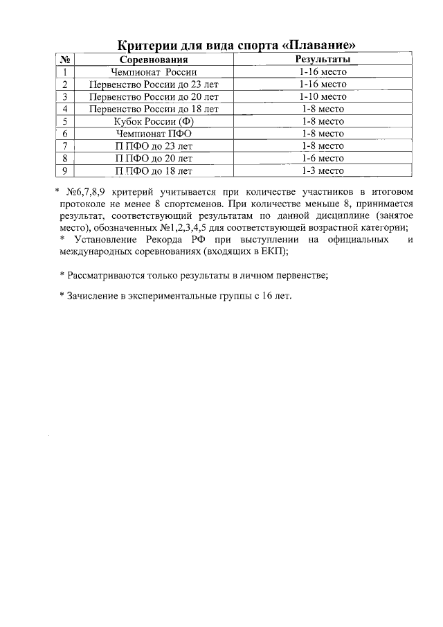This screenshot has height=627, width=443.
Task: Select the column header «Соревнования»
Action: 154,60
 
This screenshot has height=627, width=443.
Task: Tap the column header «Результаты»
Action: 323,60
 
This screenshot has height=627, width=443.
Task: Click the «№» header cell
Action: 64,60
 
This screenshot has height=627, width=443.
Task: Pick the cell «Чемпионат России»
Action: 154,72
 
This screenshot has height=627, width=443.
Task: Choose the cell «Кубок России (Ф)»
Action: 154,121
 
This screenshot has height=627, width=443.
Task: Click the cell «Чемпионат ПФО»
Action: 154,134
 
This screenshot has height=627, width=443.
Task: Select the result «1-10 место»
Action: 323,97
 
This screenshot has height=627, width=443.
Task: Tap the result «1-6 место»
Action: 323,158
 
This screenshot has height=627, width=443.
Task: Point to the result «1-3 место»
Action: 323,170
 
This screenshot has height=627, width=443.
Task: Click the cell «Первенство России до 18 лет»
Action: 154,109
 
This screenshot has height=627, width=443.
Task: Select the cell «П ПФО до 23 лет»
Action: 154,146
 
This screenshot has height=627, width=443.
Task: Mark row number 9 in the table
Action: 64,170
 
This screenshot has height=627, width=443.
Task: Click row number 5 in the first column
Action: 64,121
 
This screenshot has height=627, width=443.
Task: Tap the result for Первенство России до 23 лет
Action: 323,85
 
